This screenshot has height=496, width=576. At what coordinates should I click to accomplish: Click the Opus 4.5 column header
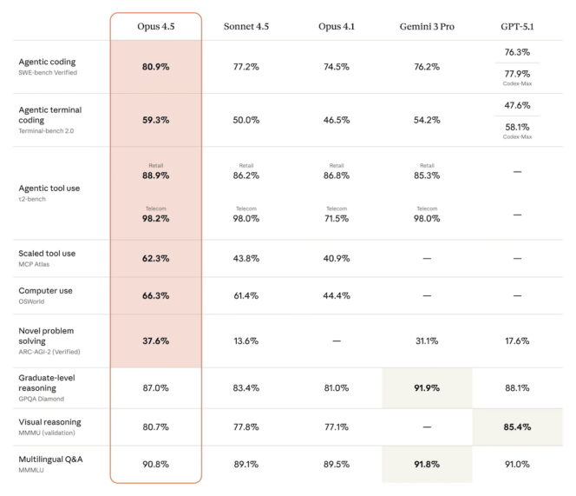tap(155, 27)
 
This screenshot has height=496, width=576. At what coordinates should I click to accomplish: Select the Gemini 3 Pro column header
tap(427, 27)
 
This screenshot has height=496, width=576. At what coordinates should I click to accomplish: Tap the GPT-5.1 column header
tap(517, 27)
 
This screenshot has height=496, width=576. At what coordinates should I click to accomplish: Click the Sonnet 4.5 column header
tap(245, 27)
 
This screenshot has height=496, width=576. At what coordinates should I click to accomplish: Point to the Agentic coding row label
tap(47, 62)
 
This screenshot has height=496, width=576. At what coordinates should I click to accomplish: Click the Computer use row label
tap(47, 291)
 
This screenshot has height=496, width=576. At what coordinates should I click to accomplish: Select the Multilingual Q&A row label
tap(50, 458)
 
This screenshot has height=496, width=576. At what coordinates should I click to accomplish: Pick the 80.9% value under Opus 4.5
tap(155, 67)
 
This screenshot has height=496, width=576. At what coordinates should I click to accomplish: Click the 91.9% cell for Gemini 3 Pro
tap(427, 387)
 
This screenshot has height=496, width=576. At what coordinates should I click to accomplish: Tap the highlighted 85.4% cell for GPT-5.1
tap(517, 427)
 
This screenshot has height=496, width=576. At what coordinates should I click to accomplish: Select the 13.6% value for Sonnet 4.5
tap(245, 341)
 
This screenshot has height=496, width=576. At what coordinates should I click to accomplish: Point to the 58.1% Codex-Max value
tap(517, 127)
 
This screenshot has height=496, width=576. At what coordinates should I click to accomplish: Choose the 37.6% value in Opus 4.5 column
tap(155, 341)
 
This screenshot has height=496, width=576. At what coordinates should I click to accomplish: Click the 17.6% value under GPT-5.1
tap(517, 341)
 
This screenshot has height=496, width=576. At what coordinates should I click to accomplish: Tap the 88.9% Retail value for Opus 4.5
tap(155, 175)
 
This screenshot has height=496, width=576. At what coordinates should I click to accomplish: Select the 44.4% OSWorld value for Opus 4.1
tap(336, 296)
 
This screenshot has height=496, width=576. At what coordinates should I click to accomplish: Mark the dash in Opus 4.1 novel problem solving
tap(336, 341)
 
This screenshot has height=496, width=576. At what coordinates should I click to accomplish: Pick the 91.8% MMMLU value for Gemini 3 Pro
tap(427, 464)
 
